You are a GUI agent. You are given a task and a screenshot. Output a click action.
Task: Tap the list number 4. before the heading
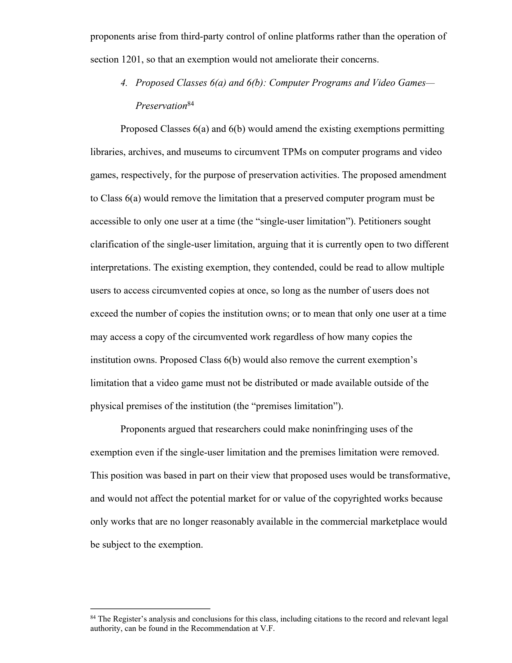click(124, 83)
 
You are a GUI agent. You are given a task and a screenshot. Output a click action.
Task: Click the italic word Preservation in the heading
click(161, 106)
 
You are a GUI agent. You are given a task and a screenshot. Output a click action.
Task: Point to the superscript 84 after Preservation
click(190, 104)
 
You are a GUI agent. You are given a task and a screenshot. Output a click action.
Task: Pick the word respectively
click(146, 175)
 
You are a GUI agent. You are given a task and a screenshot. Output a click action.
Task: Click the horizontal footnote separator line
click(150, 609)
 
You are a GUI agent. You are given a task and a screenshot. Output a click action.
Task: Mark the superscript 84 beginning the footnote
click(93, 617)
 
